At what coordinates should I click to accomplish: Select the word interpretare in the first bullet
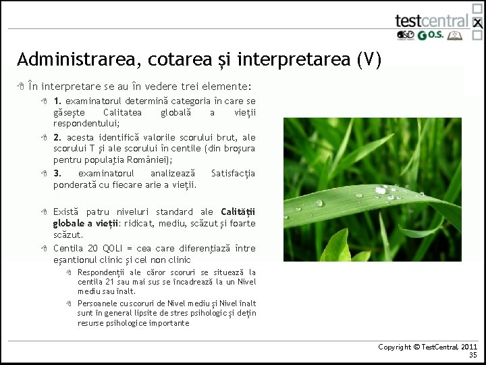(70, 87)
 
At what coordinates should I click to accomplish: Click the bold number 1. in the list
(58, 101)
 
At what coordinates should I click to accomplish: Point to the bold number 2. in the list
(58, 137)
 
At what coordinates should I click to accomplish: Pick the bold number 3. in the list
(58, 174)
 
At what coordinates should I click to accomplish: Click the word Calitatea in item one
(123, 112)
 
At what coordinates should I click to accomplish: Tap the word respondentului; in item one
(86, 124)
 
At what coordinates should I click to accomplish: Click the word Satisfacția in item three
(233, 174)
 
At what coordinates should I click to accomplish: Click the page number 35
(473, 355)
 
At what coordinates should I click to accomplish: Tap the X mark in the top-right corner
(477, 23)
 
